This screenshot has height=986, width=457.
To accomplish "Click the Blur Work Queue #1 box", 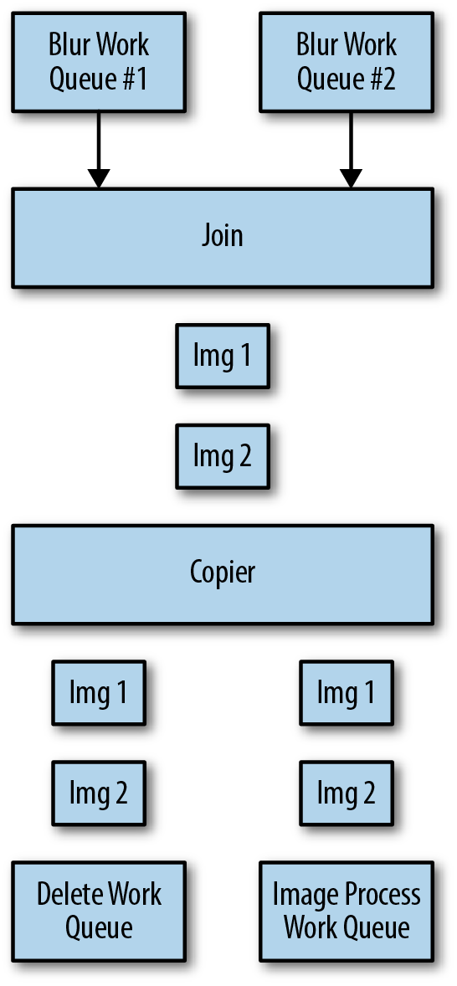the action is [x=99, y=62].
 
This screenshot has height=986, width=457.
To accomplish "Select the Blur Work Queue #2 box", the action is [x=347, y=62].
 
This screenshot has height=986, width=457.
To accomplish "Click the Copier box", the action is [x=223, y=574].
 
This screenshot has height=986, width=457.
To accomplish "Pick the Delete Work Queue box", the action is [x=99, y=912].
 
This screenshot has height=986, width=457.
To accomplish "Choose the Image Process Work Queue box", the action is [x=347, y=912].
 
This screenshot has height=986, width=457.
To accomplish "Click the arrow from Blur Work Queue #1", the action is [x=99, y=151].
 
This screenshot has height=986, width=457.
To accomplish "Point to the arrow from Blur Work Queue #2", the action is [x=351, y=151].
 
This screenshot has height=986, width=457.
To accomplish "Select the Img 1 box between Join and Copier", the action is [x=223, y=356].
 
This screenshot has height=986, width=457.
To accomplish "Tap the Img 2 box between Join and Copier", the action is [x=223, y=456].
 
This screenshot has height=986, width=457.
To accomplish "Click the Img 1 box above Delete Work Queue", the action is [x=99, y=692].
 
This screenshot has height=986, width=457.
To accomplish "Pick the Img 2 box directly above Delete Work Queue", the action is [x=99, y=793].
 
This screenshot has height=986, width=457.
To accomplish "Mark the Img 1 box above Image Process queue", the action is [x=347, y=692].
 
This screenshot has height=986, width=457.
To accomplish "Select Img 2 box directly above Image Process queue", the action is [x=347, y=793].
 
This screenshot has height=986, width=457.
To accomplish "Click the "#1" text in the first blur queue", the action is [x=132, y=80].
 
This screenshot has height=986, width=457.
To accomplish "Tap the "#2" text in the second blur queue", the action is [x=380, y=80].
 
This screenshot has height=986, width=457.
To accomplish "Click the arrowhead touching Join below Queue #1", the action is [x=99, y=178].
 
